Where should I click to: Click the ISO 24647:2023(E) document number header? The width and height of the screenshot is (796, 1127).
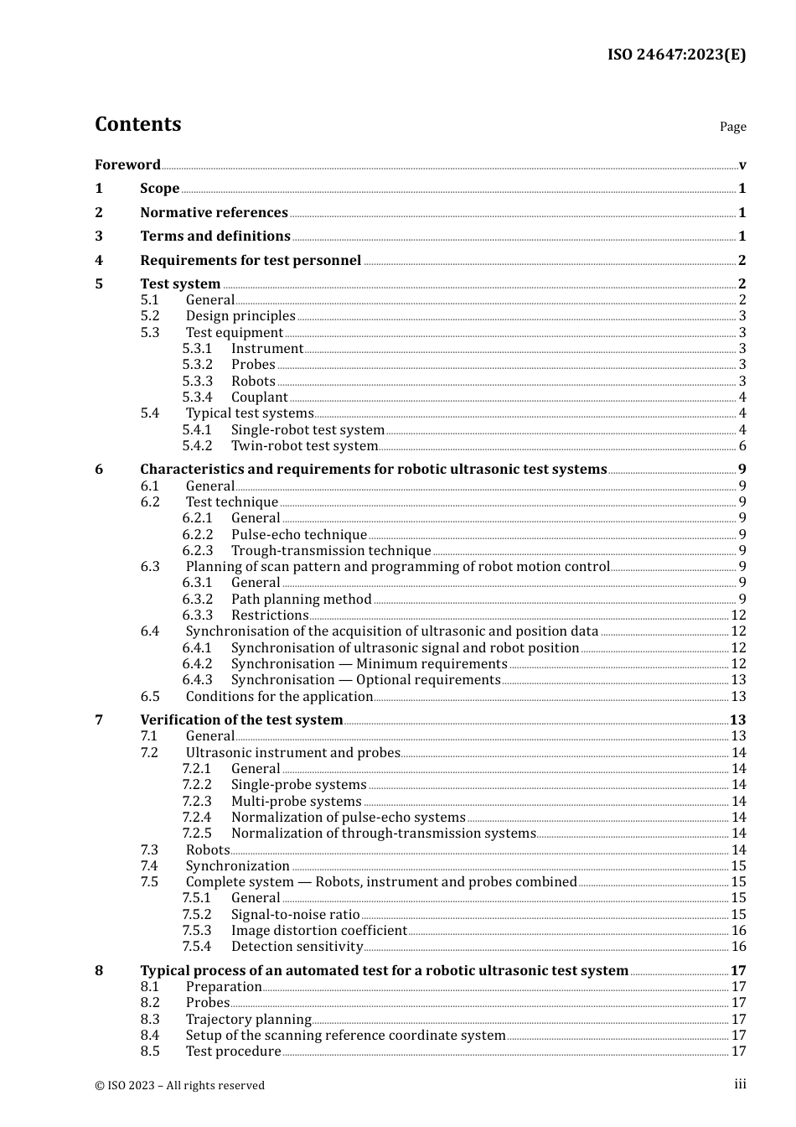(676, 55)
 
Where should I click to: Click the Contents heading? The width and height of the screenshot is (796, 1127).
(138, 124)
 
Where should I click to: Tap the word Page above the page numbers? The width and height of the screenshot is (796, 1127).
(732, 127)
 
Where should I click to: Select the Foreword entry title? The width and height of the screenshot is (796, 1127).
(127, 164)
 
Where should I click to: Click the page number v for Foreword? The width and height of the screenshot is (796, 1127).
(742, 164)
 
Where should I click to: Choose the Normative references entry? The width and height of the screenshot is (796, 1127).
(214, 212)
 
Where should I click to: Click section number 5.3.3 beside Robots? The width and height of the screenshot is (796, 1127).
(197, 381)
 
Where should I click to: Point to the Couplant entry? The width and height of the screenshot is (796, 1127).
(260, 397)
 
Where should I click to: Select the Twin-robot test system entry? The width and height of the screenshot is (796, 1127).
(304, 445)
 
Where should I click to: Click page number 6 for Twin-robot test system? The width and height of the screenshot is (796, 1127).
(742, 445)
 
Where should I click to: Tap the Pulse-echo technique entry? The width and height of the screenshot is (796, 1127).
(299, 534)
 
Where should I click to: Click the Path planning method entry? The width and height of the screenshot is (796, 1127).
(301, 599)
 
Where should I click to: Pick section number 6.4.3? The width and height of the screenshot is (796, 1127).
(197, 679)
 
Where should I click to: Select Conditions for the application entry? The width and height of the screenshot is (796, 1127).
(279, 696)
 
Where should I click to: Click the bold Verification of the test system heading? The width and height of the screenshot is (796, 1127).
(241, 719)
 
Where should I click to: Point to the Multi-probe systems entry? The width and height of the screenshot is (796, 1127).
(296, 801)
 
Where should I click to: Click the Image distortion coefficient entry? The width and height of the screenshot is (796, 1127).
(318, 930)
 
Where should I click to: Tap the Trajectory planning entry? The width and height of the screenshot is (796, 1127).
(248, 1019)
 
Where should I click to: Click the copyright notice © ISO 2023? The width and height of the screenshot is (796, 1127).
(179, 1085)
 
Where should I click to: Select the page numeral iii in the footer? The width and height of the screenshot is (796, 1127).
(740, 1084)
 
